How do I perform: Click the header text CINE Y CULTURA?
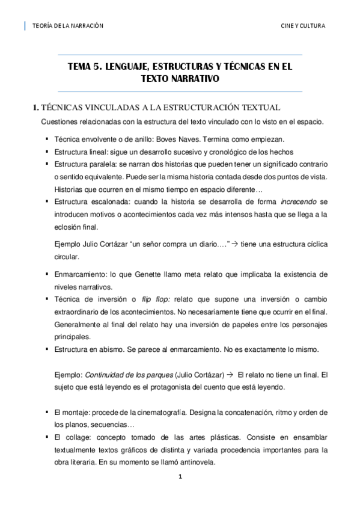304,26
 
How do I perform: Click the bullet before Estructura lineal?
46,152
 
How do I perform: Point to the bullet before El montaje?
46,413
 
